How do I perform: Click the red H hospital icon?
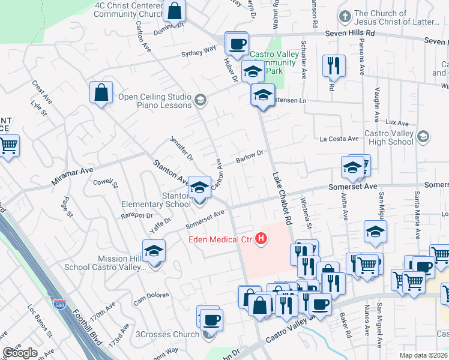(x=261, y=239)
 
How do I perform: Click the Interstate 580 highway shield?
(x=59, y=305)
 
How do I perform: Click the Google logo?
(x=20, y=353)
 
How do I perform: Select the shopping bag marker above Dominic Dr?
(x=174, y=10)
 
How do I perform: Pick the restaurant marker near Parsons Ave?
(x=333, y=65)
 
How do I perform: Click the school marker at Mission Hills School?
(x=154, y=250)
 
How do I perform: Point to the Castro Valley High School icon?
(x=423, y=137)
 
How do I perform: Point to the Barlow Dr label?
(x=250, y=157)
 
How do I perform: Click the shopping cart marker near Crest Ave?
(x=8, y=145)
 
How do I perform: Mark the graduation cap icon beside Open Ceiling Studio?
(x=200, y=100)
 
